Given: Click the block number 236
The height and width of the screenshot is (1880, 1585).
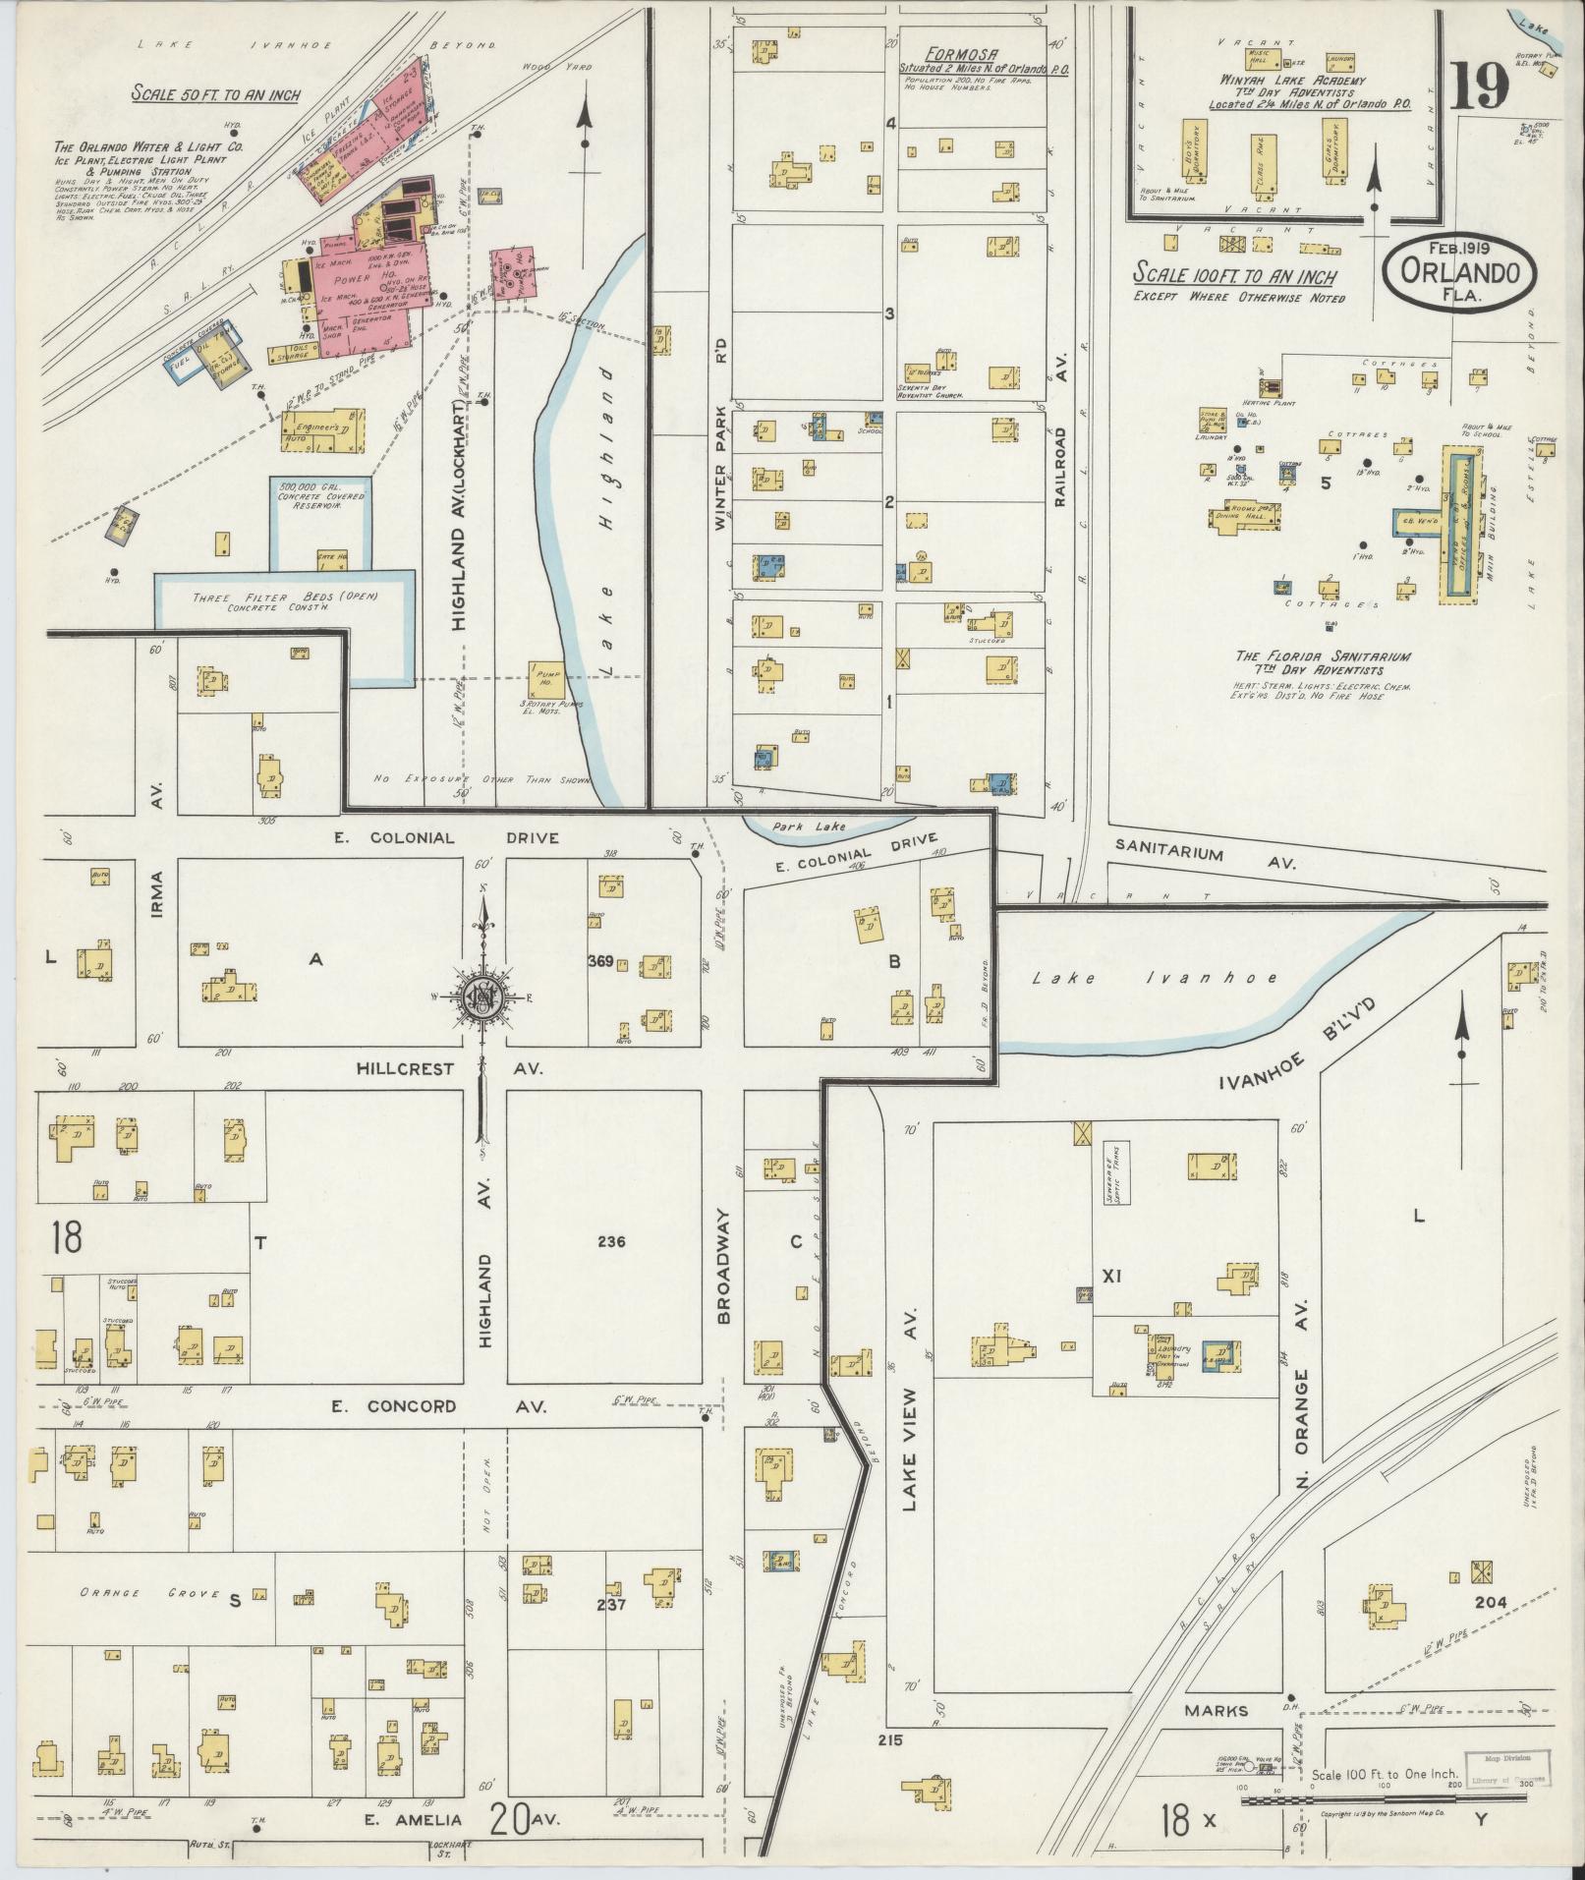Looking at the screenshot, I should [609, 1241].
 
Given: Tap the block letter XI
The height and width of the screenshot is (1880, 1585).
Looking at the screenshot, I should [1111, 1277].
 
